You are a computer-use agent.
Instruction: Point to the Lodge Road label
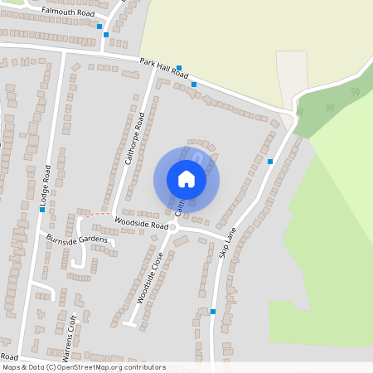pyautogui.click(x=48, y=186)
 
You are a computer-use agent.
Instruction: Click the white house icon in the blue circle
pyautogui.click(x=186, y=179)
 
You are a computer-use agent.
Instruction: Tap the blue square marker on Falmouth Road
pyautogui.click(x=99, y=27)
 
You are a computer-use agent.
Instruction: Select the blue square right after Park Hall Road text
pyautogui.click(x=178, y=68)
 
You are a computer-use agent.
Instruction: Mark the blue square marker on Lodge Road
pyautogui.click(x=42, y=210)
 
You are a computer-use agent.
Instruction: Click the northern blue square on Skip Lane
pyautogui.click(x=270, y=161)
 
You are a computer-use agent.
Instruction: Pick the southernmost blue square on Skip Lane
pyautogui.click(x=213, y=312)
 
